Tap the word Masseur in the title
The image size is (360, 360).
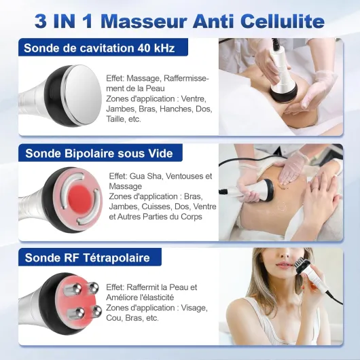click(x=143, y=21)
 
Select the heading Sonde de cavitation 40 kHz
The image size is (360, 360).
click(x=99, y=48)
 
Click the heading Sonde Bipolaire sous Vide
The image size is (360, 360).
click(x=99, y=154)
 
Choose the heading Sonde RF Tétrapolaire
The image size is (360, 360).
click(x=87, y=257)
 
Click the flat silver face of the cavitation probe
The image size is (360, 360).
click(x=83, y=95)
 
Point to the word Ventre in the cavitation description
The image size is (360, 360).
click(x=193, y=99)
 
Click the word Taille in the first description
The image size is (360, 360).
click(x=114, y=119)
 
